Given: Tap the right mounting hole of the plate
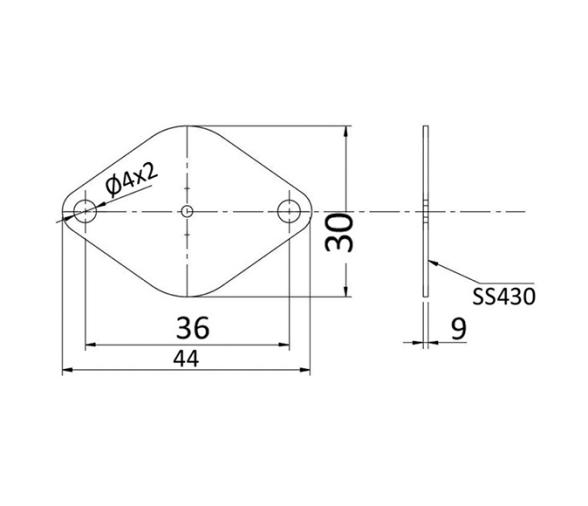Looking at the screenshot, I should coord(289,211).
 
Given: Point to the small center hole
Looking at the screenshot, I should coord(187,211).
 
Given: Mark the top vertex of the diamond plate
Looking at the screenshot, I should coord(187,127).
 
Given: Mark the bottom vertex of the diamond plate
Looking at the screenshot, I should coord(187,297).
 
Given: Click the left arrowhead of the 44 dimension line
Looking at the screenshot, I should coord(67,371).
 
